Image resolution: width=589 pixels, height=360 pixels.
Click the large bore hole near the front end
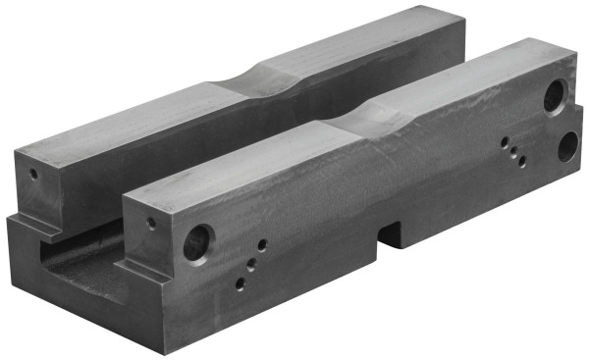[x=197, y=242]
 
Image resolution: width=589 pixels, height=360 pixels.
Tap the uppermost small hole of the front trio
[x=261, y=244]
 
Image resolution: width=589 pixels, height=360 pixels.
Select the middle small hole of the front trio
[x=250, y=263]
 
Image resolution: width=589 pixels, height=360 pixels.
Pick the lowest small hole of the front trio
[x=239, y=285]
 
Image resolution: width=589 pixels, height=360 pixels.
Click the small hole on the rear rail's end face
[x=32, y=177]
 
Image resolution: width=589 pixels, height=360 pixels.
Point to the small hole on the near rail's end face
[x=150, y=223]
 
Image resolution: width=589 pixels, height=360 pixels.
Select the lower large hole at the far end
[x=568, y=144]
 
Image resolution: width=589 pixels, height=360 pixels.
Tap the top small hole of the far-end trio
[x=505, y=141]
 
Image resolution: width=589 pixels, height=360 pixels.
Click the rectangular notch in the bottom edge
[x=392, y=234]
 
